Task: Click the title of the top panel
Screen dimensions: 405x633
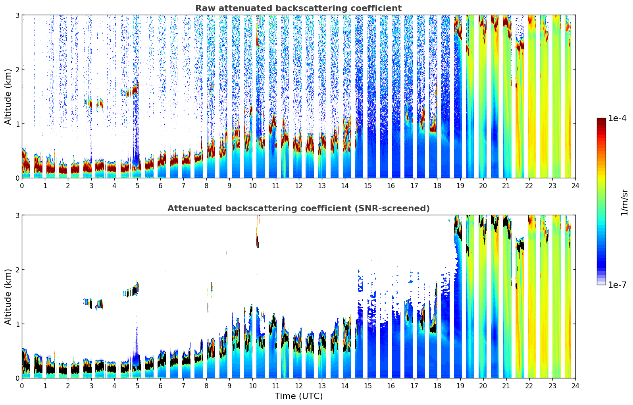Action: pos(298,8)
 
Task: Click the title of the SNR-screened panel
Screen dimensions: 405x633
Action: pos(298,208)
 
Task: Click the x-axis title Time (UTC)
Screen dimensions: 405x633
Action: pos(298,396)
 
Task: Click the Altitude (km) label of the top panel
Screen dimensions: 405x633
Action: pos(8,96)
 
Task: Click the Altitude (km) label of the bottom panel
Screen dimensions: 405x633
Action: pos(8,297)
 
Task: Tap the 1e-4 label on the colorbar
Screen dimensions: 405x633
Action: pos(617,118)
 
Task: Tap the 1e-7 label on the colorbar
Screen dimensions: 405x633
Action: pos(617,285)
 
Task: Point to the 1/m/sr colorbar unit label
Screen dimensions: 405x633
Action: pos(624,202)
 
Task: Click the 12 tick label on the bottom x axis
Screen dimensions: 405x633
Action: pos(298,386)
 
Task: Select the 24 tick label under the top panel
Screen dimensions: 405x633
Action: pos(575,186)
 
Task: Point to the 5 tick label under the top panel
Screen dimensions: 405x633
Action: pos(137,186)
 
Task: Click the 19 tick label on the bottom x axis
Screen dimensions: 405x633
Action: pos(460,386)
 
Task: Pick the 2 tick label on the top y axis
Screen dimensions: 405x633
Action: pos(17,69)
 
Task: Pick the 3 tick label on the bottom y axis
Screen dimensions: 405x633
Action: pos(17,215)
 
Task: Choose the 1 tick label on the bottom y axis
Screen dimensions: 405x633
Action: pos(17,324)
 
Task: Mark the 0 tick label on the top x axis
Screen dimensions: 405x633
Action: pos(22,186)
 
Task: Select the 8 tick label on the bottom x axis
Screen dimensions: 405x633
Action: pos(206,386)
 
